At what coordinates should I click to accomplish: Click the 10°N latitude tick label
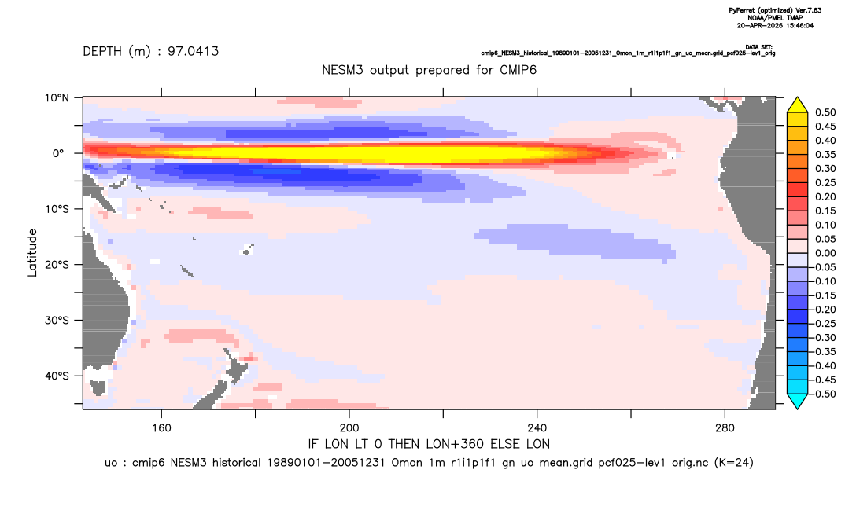(x=57, y=98)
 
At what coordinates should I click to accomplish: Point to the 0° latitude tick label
(x=58, y=153)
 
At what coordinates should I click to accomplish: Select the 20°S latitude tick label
(x=57, y=265)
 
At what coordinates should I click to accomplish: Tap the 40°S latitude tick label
(x=57, y=376)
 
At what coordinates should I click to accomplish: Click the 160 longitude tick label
(x=161, y=428)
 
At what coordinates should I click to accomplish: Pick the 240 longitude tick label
(x=537, y=428)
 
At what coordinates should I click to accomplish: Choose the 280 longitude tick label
(x=725, y=428)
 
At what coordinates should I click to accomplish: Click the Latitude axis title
(x=32, y=253)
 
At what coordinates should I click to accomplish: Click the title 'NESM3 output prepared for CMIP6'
(x=430, y=70)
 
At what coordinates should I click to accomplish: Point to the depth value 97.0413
(x=193, y=52)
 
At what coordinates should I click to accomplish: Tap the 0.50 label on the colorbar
(x=825, y=112)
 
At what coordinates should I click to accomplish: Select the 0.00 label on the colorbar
(x=825, y=254)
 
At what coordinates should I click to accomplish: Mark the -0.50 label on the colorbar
(x=824, y=394)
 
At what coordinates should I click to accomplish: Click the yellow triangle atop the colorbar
(x=797, y=105)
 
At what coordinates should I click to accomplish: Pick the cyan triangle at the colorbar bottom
(x=797, y=401)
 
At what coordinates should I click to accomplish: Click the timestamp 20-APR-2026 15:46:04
(x=776, y=25)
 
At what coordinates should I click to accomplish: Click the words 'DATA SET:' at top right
(x=759, y=47)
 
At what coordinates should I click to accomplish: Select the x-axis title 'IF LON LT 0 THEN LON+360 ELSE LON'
(x=429, y=445)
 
